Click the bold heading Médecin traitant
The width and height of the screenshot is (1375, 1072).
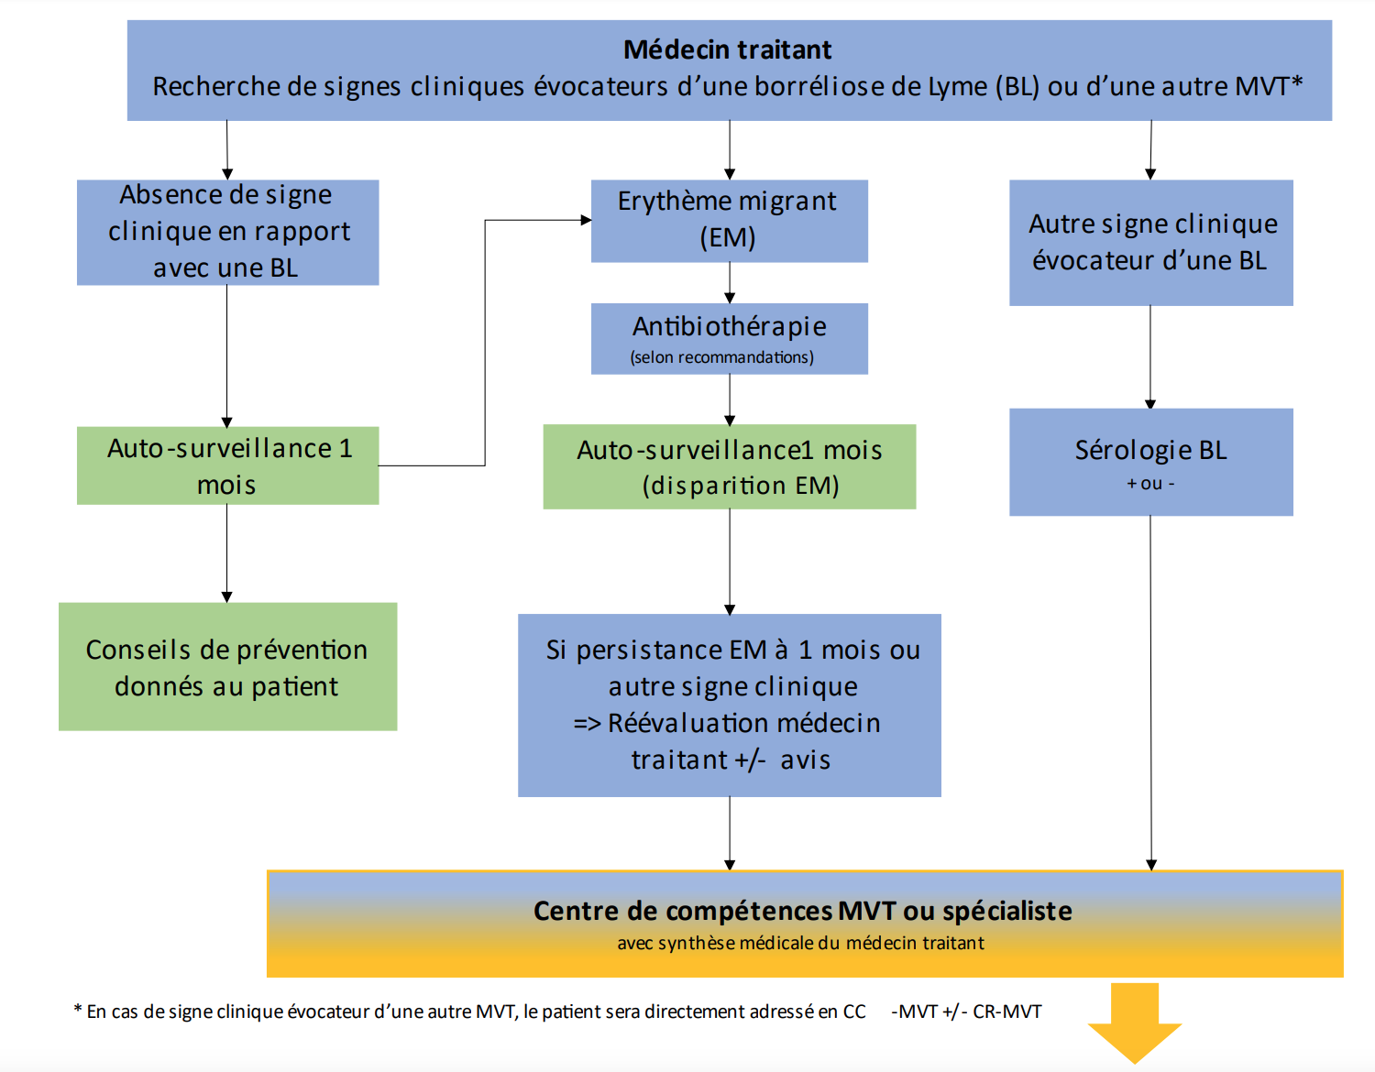click(728, 49)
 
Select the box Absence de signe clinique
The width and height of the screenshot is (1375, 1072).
click(227, 232)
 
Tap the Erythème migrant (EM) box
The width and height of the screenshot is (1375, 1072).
click(729, 220)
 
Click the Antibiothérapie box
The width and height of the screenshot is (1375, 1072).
click(729, 327)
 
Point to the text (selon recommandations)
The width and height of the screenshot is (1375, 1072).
click(722, 357)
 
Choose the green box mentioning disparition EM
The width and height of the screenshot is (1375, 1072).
click(729, 466)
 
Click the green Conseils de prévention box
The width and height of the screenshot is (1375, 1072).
click(227, 666)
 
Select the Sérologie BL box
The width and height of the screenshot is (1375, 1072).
click(1150, 451)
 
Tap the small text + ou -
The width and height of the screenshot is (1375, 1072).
click(1150, 484)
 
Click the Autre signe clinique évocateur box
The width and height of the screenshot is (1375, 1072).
click(1150, 242)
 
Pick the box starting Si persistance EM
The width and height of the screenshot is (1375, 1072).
click(729, 705)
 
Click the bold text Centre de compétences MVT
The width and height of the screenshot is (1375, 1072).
click(803, 911)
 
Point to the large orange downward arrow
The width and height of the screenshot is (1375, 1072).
click(1135, 1021)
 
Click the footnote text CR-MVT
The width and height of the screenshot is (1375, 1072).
click(1006, 1012)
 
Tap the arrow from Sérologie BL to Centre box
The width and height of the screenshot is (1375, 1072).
click(1150, 687)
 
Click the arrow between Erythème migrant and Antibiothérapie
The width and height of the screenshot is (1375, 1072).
click(730, 282)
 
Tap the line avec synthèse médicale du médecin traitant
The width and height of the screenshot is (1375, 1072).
click(800, 944)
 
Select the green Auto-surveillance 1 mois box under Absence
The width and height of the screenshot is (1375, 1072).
click(227, 465)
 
